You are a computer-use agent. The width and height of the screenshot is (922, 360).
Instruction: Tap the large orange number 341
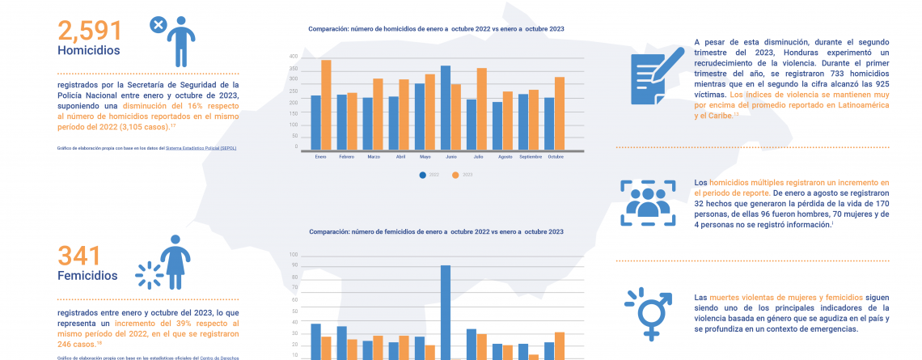click(x=79, y=256)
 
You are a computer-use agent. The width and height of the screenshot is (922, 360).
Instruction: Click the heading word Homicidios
click(x=89, y=50)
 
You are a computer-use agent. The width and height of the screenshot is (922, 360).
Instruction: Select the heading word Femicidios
click(x=87, y=275)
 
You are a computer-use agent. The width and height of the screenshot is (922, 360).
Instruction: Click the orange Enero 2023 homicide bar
click(x=326, y=104)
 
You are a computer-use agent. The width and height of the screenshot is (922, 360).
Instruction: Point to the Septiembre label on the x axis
click(x=531, y=155)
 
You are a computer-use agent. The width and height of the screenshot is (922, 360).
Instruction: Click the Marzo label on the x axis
click(x=374, y=155)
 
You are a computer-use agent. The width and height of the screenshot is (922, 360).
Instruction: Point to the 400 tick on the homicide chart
click(x=293, y=57)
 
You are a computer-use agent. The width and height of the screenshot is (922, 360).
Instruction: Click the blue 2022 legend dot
click(x=422, y=174)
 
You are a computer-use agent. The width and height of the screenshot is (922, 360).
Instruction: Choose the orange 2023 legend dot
click(x=455, y=174)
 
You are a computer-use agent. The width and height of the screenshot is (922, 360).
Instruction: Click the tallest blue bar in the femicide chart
click(x=445, y=311)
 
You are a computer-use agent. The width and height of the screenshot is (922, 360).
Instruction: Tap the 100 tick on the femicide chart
click(x=294, y=255)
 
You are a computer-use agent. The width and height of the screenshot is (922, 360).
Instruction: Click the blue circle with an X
click(x=159, y=25)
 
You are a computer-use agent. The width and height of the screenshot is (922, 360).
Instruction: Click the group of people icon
click(x=648, y=202)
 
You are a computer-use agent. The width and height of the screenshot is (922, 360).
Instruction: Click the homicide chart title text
click(x=436, y=29)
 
